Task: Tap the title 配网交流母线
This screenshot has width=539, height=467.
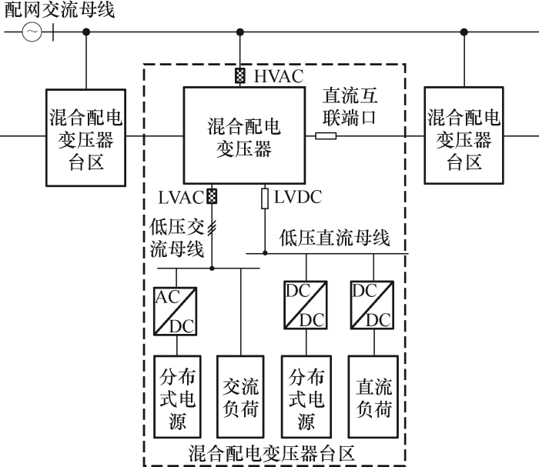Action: [x=59, y=11]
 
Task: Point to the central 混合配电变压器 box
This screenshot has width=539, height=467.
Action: [x=240, y=135]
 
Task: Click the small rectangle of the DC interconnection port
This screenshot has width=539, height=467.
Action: [x=326, y=136]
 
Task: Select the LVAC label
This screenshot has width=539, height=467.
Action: [x=182, y=197]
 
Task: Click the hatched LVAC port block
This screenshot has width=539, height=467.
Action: [x=213, y=196]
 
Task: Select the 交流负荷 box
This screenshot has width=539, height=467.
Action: [x=241, y=396]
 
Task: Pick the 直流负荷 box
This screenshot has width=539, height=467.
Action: [x=374, y=396]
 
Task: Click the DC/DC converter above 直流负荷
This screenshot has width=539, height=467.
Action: [x=373, y=305]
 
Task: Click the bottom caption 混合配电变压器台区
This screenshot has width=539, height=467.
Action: [x=273, y=453]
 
